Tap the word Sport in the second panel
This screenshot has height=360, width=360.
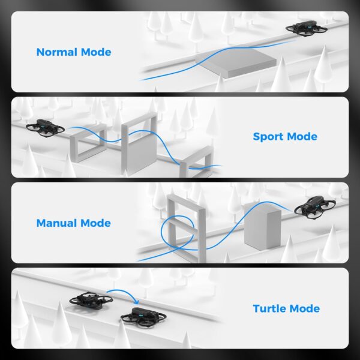[269, 137]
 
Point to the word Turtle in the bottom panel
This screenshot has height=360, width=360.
[269, 309]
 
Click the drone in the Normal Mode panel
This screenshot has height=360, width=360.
[307, 29]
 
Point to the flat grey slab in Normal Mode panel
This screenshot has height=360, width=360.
[235, 61]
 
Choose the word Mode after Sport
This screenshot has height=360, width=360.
[301, 137]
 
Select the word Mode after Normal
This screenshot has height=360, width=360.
[96, 52]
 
